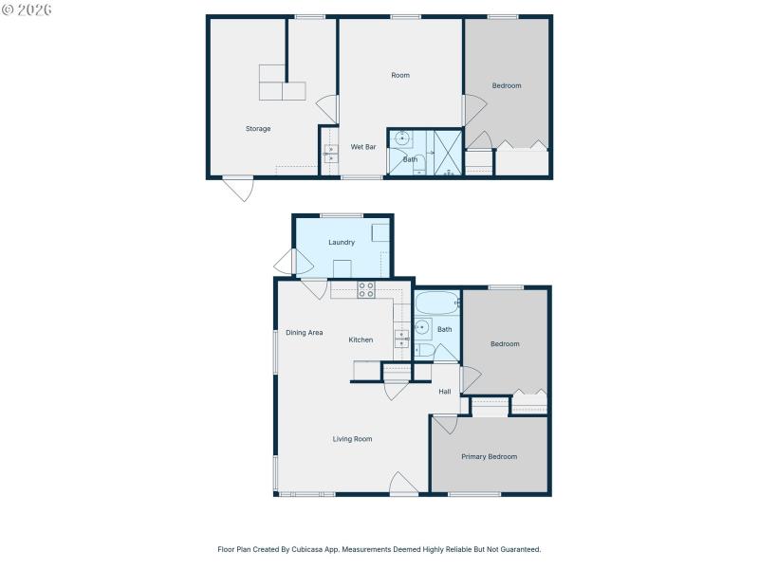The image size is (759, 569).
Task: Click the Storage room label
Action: [x=258, y=129]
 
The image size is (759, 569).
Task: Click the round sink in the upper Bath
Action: [x=402, y=139]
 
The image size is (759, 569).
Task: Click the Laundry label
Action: [x=342, y=243]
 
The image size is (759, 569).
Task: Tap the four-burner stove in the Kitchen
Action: [x=366, y=291]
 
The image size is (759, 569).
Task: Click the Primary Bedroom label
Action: [x=489, y=457]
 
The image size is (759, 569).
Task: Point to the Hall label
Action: [x=444, y=392]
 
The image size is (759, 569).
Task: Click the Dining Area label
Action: [x=305, y=333]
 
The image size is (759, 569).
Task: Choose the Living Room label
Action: [x=352, y=439]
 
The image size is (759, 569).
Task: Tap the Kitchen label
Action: [x=361, y=340]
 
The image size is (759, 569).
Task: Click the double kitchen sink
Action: [x=402, y=340]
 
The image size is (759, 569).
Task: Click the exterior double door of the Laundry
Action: [x=285, y=261]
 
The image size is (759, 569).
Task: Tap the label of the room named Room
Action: [x=400, y=75]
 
